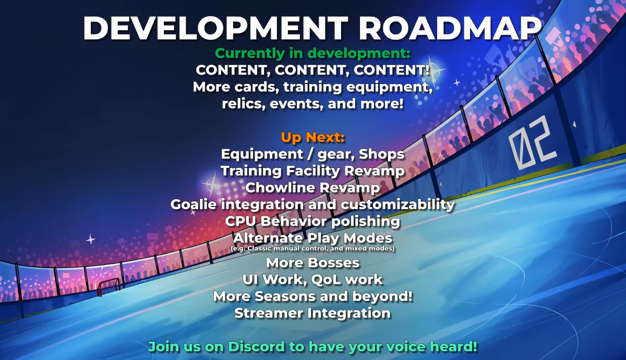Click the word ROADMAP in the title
(x=451, y=28)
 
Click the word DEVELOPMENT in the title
(x=215, y=28)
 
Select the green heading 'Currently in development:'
(x=312, y=53)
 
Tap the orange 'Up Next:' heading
(x=312, y=137)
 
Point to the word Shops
(x=381, y=154)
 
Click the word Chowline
(x=280, y=187)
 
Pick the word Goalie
(x=194, y=205)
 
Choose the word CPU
(x=240, y=221)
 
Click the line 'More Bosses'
(x=312, y=263)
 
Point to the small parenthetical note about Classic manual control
(x=312, y=248)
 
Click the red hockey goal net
(x=109, y=287)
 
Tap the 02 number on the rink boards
(x=533, y=142)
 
